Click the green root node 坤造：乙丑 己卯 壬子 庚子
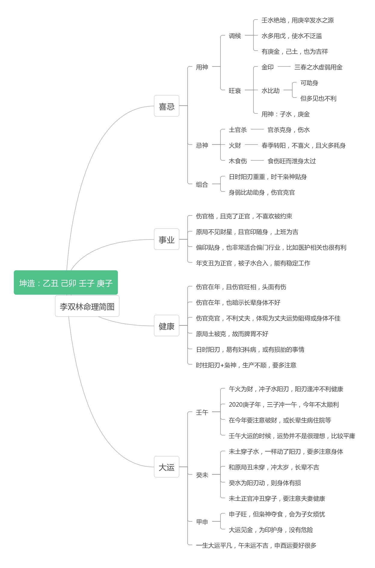[x=66, y=282]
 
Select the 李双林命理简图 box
[x=87, y=306]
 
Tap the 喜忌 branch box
[x=167, y=106]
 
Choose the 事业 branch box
[x=167, y=239]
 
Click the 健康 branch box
[x=167, y=326]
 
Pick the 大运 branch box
[x=167, y=467]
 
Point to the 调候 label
[x=235, y=36]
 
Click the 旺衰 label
[x=235, y=91]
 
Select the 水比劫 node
[x=271, y=91]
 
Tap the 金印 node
[x=268, y=67]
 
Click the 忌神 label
[x=202, y=145]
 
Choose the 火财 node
[x=235, y=145]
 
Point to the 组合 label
[x=202, y=185]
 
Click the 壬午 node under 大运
[x=202, y=412]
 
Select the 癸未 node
[x=202, y=475]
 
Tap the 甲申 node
[x=202, y=522]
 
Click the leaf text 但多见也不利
[x=318, y=98]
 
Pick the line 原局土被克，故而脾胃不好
[x=232, y=334]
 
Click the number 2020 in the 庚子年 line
[x=236, y=405]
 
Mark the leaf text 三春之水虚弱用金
[x=318, y=67]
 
